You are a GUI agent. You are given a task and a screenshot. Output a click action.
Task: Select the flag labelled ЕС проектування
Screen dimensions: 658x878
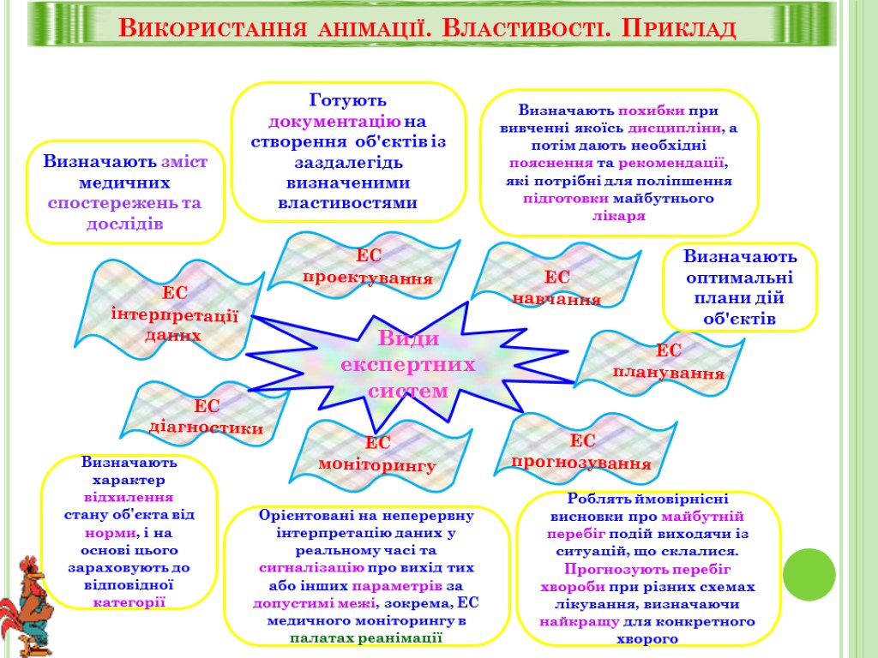[x=369, y=267]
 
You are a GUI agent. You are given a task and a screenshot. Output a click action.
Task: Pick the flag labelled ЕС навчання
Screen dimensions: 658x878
[x=556, y=287]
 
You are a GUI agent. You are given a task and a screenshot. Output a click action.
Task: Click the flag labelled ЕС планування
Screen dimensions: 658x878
[x=668, y=362]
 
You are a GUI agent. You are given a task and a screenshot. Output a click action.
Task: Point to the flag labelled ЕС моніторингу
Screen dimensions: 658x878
[x=378, y=454]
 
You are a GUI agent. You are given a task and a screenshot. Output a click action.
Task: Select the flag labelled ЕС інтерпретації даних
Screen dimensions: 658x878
[x=175, y=314]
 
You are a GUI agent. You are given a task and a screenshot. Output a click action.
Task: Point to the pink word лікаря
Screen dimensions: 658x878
[x=618, y=215]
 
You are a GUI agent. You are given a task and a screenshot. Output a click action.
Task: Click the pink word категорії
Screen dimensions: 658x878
[x=129, y=601]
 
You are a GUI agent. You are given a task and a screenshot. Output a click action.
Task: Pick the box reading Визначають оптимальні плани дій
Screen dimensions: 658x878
[x=740, y=287]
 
